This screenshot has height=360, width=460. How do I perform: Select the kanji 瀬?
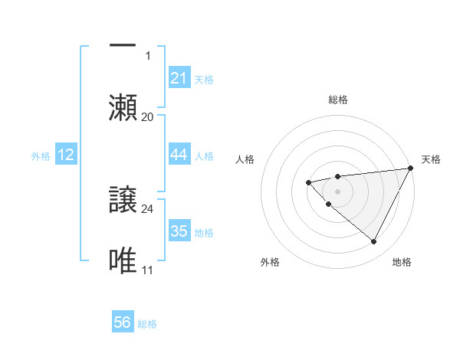click(x=123, y=107)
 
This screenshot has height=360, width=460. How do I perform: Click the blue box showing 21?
click(x=179, y=78)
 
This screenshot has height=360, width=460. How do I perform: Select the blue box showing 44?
click(x=179, y=155)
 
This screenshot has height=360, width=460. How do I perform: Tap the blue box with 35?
click(x=179, y=231)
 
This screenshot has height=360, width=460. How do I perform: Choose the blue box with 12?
click(x=66, y=155)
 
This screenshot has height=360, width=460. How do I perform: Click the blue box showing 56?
click(x=123, y=323)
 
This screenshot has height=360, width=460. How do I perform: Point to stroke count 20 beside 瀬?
click(x=148, y=116)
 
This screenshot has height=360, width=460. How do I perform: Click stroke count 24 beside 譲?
click(x=148, y=208)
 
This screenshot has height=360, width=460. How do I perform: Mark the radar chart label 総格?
click(x=338, y=100)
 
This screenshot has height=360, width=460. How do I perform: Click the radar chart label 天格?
click(x=431, y=159)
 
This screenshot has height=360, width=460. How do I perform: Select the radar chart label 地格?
click(x=402, y=263)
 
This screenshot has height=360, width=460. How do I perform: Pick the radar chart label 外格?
click(x=270, y=263)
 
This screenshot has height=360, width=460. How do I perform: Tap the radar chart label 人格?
click(x=245, y=159)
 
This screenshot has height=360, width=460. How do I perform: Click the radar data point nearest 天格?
click(x=411, y=168)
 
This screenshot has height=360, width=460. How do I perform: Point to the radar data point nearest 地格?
click(x=374, y=242)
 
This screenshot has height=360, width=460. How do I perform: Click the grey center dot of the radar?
click(x=338, y=191)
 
